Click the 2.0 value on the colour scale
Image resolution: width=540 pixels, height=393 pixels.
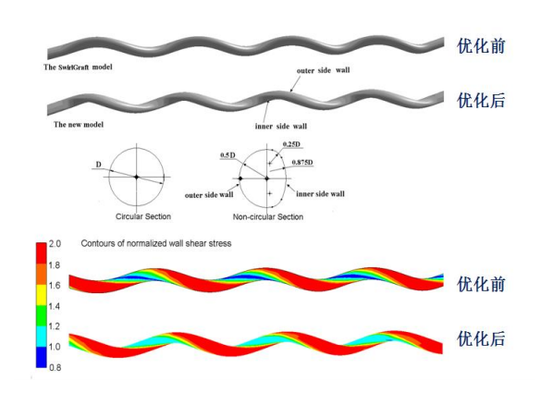55,244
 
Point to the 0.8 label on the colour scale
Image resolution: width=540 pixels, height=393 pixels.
55,367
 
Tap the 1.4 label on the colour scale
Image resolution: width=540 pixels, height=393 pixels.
54,306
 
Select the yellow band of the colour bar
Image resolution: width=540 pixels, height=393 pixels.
42,295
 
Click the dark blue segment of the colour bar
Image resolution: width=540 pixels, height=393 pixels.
42,357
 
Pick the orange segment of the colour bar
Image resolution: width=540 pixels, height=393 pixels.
42,274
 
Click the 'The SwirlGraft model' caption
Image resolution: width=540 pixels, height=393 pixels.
78,68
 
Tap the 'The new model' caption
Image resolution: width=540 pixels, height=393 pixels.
79,125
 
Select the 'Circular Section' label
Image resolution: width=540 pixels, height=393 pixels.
143,216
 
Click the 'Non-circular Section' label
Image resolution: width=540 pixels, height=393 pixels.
268,216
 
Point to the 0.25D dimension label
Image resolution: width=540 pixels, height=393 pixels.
291,144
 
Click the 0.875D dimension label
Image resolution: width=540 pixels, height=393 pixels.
302,162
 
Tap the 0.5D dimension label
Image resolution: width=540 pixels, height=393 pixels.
227,155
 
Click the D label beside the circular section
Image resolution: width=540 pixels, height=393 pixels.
99,165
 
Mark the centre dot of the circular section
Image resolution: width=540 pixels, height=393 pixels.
137,177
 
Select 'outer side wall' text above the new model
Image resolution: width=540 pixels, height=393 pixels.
323,70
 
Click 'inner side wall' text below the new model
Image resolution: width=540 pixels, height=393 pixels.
281,127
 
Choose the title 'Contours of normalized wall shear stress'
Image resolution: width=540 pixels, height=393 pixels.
156,243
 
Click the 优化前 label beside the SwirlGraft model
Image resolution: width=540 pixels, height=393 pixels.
481,46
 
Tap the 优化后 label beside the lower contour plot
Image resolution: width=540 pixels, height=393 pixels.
481,338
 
